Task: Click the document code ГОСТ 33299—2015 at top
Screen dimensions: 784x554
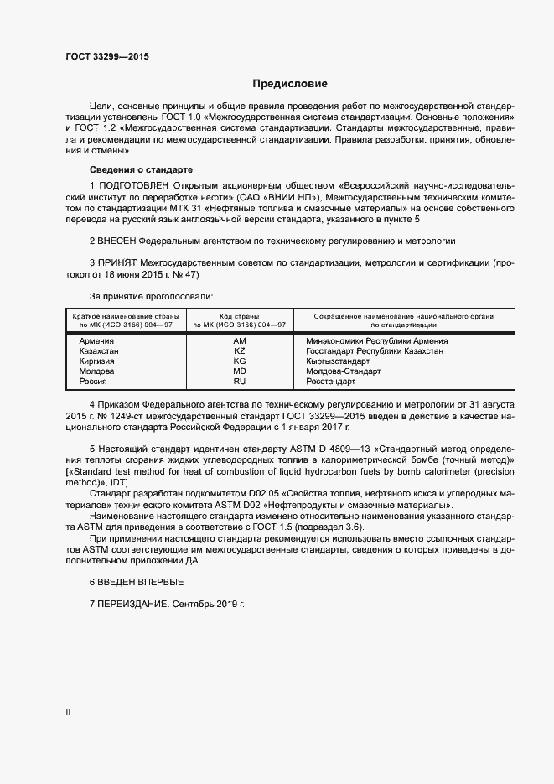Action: pyautogui.click(x=106, y=58)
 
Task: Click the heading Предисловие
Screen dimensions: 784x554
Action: pyautogui.click(x=290, y=85)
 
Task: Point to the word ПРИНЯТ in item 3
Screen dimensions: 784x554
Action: pyautogui.click(x=118, y=262)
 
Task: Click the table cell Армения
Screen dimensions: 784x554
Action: pyautogui.click(x=96, y=341)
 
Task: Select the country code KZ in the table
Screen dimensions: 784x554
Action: pyautogui.click(x=239, y=351)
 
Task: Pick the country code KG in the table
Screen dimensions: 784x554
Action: pyautogui.click(x=239, y=361)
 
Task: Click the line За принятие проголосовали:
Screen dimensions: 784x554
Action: pyautogui.click(x=151, y=296)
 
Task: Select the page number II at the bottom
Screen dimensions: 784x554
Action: pyautogui.click(x=68, y=713)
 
